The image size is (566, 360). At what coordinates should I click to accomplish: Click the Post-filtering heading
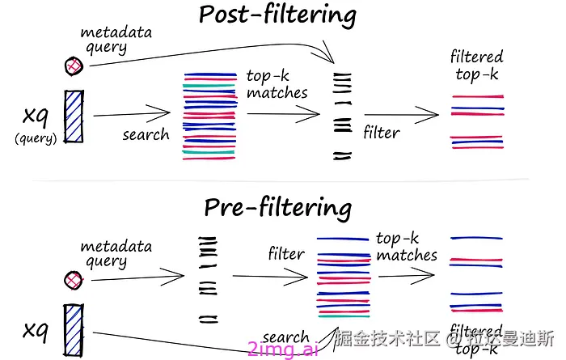pos(277,16)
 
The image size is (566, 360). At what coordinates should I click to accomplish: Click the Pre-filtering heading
pos(277,209)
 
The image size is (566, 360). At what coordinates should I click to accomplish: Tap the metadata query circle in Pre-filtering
pos(74,280)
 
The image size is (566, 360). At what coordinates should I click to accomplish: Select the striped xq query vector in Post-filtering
pos(74,119)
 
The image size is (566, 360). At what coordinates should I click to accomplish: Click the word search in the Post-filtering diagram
pos(146,134)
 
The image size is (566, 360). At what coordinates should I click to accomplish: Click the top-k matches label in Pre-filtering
pos(406,247)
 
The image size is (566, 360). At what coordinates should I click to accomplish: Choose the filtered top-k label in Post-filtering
pos(476,66)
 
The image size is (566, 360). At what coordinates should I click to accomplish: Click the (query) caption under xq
pos(36,138)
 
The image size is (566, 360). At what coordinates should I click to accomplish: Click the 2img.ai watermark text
pos(283,349)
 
